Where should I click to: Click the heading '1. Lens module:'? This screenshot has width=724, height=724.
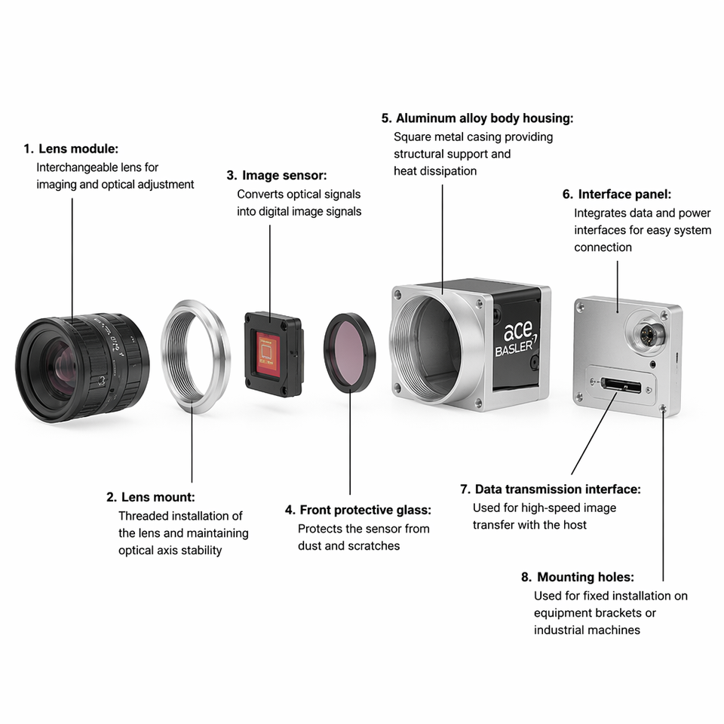(71, 149)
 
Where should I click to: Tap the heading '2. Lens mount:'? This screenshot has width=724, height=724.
(151, 497)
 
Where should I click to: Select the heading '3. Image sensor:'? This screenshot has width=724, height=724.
(277, 176)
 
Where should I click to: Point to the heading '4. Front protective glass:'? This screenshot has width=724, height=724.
(357, 510)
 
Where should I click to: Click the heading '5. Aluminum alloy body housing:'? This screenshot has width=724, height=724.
(477, 118)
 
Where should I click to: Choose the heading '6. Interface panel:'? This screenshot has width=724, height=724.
(617, 195)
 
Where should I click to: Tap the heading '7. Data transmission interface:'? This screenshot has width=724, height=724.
(551, 489)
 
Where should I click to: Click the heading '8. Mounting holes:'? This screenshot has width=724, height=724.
(578, 577)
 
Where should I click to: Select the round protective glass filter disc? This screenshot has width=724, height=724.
(349, 353)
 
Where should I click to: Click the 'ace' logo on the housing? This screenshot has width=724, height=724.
(517, 331)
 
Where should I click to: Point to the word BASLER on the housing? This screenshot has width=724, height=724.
(514, 347)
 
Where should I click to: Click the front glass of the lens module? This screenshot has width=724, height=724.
(60, 366)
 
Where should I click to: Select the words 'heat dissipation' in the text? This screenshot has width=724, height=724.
(435, 171)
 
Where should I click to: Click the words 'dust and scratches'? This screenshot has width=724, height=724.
(348, 546)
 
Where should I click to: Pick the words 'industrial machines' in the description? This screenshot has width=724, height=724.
(587, 630)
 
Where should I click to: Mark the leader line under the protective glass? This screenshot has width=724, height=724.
(350, 443)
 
